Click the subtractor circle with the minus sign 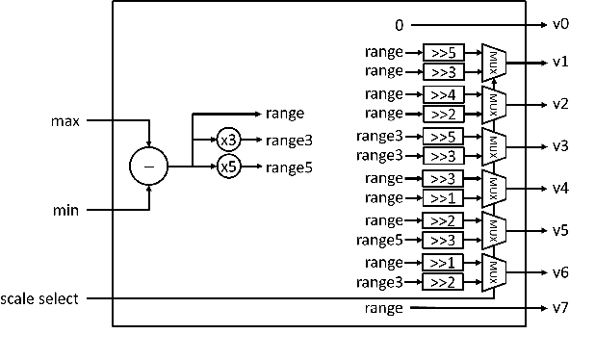point(148,166)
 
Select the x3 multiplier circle point(228,140)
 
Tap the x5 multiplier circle point(228,167)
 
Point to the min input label point(65,209)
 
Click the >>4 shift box point(443,94)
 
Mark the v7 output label point(560,309)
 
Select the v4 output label point(560,188)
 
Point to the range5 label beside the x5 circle point(289,167)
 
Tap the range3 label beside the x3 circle point(289,141)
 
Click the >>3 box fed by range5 point(443,240)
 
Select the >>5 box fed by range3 point(443,137)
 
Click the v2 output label point(560,104)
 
